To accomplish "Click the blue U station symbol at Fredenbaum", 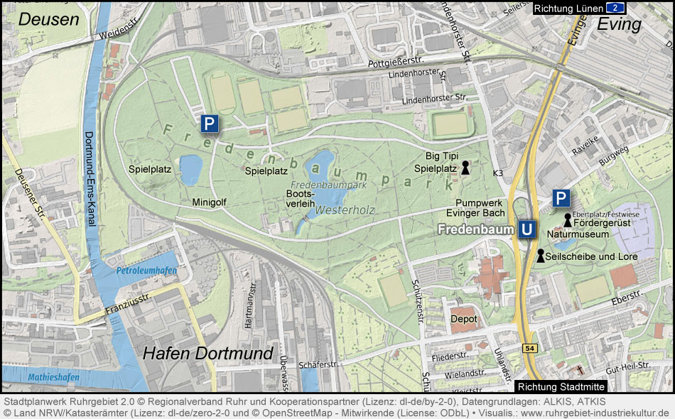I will pyautogui.click(x=526, y=229).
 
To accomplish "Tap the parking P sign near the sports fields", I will pyautogui.click(x=209, y=124).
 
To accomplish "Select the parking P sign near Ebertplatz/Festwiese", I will pyautogui.click(x=561, y=198).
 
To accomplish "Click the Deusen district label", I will pyautogui.click(x=48, y=19).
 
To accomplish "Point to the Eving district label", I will pyautogui.click(x=619, y=24).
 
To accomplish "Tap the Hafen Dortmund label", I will pyautogui.click(x=208, y=354).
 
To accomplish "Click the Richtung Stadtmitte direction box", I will pyautogui.click(x=561, y=387).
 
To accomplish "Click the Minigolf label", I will pyautogui.click(x=209, y=202).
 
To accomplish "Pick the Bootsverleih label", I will pyautogui.click(x=301, y=198).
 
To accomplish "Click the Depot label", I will pyautogui.click(x=463, y=320).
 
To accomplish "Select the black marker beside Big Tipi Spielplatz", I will pyautogui.click(x=465, y=168).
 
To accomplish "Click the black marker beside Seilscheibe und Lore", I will pyautogui.click(x=540, y=256).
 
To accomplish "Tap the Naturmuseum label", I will pyautogui.click(x=578, y=234).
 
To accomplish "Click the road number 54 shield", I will pyautogui.click(x=530, y=348).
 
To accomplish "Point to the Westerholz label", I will pyautogui.click(x=345, y=210).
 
